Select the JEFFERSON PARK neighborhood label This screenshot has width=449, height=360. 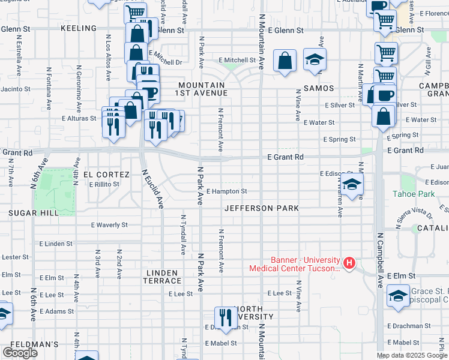click(262, 209)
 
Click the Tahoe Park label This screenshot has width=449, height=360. click(413, 194)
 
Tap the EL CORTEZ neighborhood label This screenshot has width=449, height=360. click(106, 175)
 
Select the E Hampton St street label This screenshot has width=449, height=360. click(226, 192)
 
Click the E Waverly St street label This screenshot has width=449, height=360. click(109, 225)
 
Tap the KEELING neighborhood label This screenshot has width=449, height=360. click(79, 28)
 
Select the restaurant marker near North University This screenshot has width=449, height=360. click(225, 316)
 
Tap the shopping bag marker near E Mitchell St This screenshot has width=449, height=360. click(285, 60)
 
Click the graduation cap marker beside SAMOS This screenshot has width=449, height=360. click(313, 60)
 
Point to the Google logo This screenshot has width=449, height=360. click(20, 353)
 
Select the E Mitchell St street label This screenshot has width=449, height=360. click(237, 61)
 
